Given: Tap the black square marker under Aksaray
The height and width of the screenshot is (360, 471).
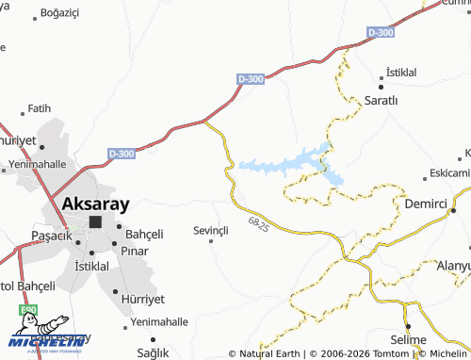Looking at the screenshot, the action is point(95,222).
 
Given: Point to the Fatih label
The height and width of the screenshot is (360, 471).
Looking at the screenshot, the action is point(39,108).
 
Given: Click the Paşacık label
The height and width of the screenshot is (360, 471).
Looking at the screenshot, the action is point(52,235).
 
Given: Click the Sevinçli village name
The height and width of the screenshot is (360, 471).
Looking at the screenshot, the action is point(211,230).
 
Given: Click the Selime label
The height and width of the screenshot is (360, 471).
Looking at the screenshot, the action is point(408,339).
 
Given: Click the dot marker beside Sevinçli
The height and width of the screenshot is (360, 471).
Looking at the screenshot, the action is point(211,241).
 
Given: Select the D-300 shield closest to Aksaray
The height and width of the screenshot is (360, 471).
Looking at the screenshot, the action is point(122,153).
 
